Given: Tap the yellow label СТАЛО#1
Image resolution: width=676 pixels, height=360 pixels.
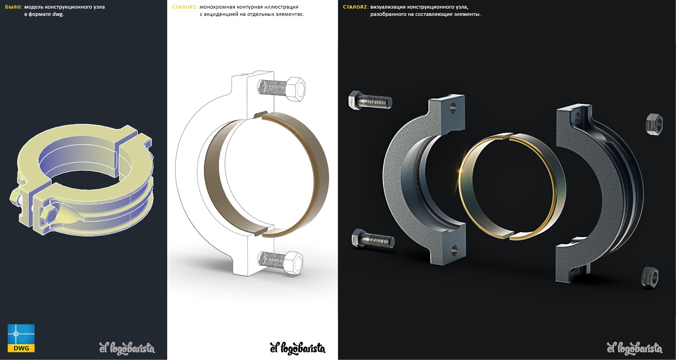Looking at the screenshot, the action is point(185,7).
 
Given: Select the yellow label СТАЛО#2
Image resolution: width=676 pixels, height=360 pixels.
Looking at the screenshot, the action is point(355,7).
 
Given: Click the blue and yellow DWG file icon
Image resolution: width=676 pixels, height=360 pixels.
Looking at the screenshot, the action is point(21,338).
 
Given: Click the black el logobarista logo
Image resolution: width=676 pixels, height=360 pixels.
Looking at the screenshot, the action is point(298,348).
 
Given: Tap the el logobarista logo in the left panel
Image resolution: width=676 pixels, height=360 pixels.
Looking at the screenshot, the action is point(127,348).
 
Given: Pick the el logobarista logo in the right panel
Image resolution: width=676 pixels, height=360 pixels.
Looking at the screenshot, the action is point(635,348).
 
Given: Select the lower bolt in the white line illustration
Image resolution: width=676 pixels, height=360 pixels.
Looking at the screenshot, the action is point(280,262).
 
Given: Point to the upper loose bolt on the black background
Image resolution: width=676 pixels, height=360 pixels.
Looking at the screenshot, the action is point(370,100).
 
